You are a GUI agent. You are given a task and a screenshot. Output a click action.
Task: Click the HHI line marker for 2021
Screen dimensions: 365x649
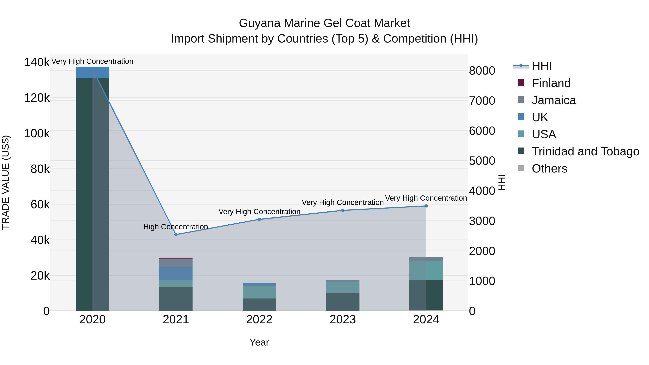[176, 235]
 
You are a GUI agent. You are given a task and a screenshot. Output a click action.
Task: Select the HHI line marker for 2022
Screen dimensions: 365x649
[259, 219]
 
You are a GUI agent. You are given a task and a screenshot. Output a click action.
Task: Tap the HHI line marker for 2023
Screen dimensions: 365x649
[343, 210]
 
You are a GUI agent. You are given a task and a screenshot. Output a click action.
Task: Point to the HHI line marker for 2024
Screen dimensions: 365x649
[426, 206]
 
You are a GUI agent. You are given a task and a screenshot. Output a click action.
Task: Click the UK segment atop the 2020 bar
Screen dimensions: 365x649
[92, 72]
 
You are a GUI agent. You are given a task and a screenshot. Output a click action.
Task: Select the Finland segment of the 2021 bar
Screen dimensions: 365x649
[176, 258]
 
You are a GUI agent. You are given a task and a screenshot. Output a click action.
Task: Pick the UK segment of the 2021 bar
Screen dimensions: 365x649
[176, 274]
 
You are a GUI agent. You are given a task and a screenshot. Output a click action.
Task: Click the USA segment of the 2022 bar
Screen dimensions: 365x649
[259, 292]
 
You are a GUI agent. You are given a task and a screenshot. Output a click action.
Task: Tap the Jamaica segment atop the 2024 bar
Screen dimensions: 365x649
[426, 259]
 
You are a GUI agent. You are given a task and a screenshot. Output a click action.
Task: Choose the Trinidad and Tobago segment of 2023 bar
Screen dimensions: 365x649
[343, 302]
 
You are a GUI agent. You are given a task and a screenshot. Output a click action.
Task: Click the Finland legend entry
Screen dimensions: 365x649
[551, 83]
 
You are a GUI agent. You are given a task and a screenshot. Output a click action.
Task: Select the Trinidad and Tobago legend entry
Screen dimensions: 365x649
[585, 151]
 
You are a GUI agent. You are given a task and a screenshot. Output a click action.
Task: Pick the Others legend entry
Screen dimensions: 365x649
[549, 169]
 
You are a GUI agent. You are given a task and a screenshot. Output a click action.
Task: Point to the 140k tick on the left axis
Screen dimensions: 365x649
[37, 62]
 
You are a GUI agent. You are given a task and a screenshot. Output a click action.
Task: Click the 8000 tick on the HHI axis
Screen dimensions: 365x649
[482, 71]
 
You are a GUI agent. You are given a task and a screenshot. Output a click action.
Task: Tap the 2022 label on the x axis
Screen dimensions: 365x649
[259, 320]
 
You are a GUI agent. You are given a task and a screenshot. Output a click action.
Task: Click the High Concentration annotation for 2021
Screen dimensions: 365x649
[176, 227]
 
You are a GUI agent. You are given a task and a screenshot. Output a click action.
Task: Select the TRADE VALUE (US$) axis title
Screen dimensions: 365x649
[6, 182]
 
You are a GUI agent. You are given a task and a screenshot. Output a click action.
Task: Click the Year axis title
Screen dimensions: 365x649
[259, 342]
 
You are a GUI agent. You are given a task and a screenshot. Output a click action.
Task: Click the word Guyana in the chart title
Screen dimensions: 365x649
[259, 23]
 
